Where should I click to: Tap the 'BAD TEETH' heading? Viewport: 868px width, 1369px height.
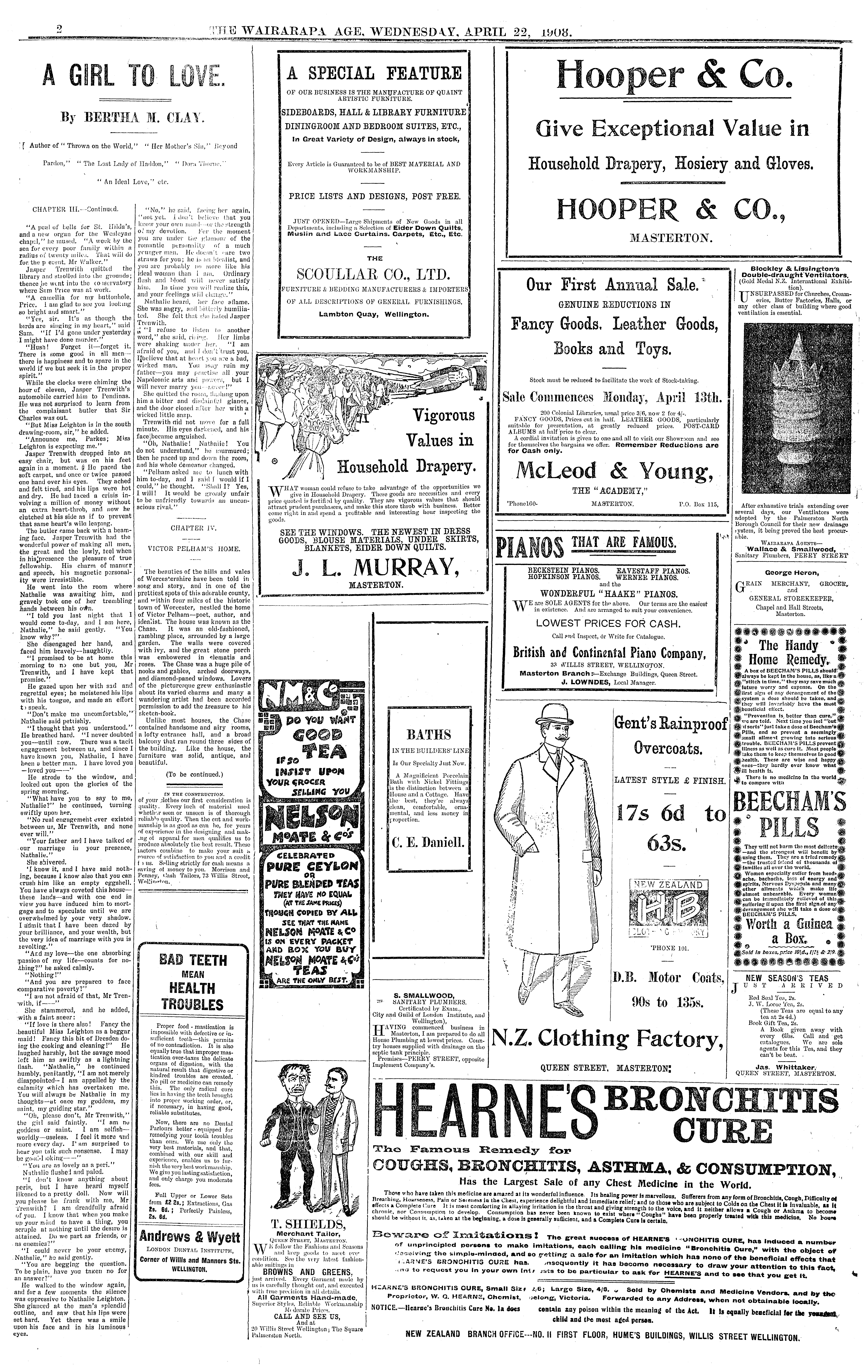click(192, 960)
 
